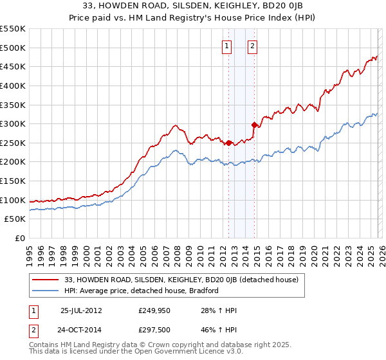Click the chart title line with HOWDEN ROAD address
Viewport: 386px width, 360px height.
click(x=193, y=5)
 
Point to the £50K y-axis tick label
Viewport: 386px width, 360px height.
click(x=15, y=219)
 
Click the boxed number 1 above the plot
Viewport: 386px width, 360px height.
click(x=228, y=46)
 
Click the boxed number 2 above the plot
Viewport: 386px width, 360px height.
click(x=253, y=46)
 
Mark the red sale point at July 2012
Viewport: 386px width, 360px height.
click(x=228, y=143)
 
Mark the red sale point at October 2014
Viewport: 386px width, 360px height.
click(x=254, y=125)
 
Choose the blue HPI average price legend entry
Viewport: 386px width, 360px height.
click(x=142, y=291)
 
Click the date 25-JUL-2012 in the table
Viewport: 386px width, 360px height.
click(x=81, y=310)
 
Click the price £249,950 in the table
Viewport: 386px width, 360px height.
click(x=155, y=310)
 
